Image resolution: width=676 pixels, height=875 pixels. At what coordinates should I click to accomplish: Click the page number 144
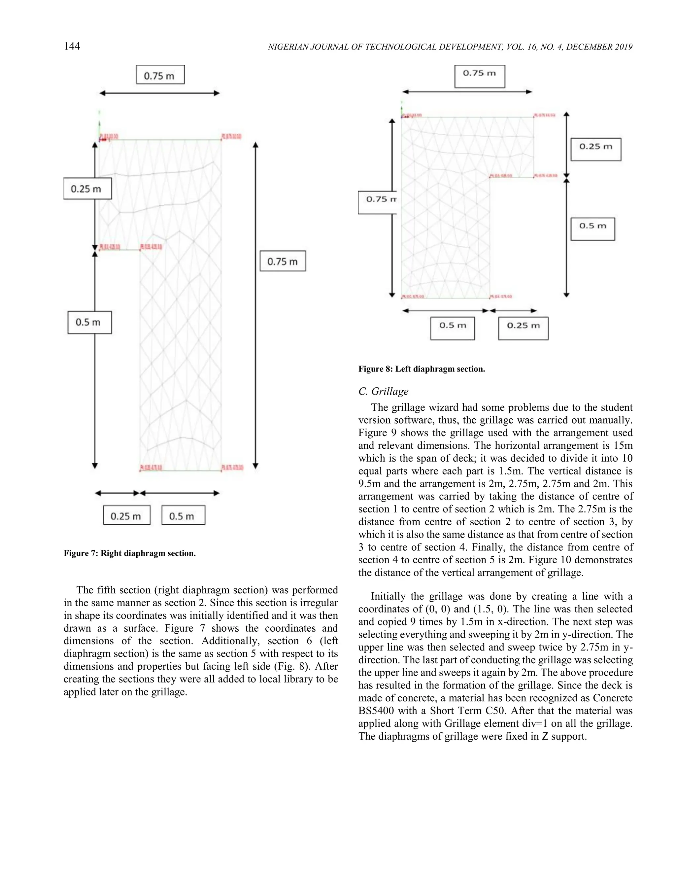pos(72,47)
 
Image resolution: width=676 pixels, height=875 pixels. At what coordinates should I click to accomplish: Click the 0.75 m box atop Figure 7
pos(160,75)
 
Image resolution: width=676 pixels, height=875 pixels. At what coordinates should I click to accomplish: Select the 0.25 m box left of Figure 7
pos(87,189)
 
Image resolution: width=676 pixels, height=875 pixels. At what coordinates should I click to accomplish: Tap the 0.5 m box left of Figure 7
pos(89,322)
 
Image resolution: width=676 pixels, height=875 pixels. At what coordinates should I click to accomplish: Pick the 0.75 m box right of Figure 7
pos(283,261)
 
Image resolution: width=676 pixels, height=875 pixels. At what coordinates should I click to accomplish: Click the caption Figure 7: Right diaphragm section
pos(130,553)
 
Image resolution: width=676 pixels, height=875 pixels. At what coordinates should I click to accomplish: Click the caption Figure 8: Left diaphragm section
pos(421,369)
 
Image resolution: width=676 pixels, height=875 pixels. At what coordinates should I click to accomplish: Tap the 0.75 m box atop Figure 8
pos(479,76)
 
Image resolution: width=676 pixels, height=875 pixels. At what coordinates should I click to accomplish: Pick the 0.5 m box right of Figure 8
pos(592,229)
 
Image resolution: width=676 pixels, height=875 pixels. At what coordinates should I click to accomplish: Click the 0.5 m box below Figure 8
pos(452,328)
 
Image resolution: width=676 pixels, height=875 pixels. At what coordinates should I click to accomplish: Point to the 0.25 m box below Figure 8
pos(523,328)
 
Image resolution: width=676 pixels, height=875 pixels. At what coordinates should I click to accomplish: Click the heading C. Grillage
pos(383,391)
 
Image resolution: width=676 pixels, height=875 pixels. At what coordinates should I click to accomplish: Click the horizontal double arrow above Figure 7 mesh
pos(159,93)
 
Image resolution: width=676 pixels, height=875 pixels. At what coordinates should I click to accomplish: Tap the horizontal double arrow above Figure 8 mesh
pos(467,92)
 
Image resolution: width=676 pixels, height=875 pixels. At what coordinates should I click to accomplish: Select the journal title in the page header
pos(450,47)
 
